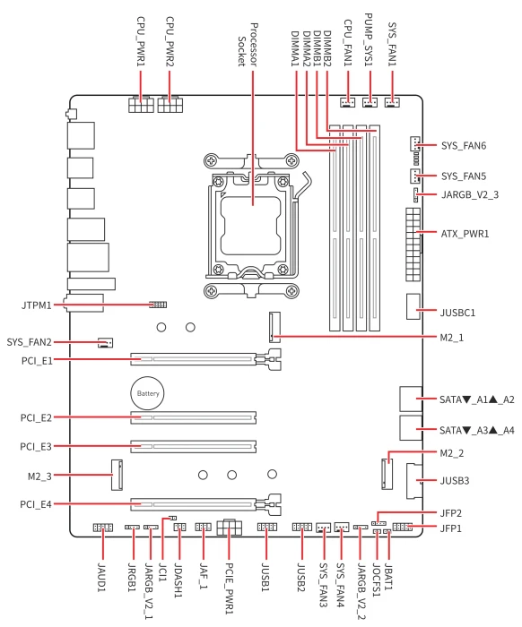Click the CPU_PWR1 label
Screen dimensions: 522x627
tap(141, 41)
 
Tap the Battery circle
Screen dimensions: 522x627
tap(147, 393)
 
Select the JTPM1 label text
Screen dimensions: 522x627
tap(37, 305)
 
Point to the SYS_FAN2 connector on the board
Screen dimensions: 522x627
tap(105, 343)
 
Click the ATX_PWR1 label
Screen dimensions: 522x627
tap(465, 234)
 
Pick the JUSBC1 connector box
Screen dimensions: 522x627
tap(413, 306)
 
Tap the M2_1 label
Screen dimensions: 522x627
tap(451, 338)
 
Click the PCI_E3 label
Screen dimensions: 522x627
tap(36, 446)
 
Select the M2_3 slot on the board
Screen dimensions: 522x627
tap(117, 475)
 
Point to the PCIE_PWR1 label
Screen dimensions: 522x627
tap(229, 588)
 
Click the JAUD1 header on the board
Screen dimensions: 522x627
tap(103, 528)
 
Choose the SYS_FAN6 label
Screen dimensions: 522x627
tap(464, 145)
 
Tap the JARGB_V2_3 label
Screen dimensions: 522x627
tap(470, 194)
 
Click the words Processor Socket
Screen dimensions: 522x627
tap(248, 45)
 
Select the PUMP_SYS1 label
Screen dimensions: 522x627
tap(369, 39)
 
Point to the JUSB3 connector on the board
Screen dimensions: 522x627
tap(413, 481)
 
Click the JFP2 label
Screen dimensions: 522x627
tap(451, 513)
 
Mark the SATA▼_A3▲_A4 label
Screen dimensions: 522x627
tap(477, 430)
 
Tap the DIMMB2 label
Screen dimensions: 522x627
tap(327, 48)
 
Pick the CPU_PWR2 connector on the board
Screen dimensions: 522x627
tap(170, 104)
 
